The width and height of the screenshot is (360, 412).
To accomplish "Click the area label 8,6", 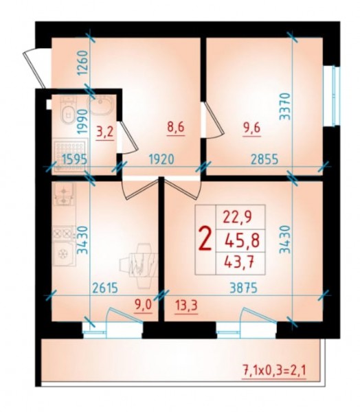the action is tap(176, 128).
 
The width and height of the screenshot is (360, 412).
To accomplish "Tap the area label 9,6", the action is tap(252, 128).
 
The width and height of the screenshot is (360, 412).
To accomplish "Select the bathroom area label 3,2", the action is tap(104, 132).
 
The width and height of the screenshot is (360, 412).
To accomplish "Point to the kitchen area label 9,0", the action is tap(144, 306).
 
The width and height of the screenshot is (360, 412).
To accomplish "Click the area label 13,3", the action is tap(187, 306).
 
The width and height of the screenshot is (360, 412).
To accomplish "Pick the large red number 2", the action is tap(205, 240).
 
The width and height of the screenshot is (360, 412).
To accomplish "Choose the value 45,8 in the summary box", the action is tap(243, 241).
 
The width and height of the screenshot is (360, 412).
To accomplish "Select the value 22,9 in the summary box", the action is tap(238, 217).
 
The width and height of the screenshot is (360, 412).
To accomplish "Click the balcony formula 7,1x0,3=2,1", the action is tap(274, 371).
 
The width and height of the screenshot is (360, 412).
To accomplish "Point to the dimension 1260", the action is tap(82, 63).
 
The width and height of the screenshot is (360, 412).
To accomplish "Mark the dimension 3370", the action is tap(285, 106).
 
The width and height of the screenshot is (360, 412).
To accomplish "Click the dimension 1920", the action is tap(161, 159).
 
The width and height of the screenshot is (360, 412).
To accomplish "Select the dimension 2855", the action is tap(265, 159).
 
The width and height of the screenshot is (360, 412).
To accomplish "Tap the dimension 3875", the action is tap(243, 288).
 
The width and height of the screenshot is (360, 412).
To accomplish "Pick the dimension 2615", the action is tap(105, 288).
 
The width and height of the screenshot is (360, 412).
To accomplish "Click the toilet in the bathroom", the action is tap(67, 111).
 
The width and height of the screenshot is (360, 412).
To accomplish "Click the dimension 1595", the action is tap(74, 160).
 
